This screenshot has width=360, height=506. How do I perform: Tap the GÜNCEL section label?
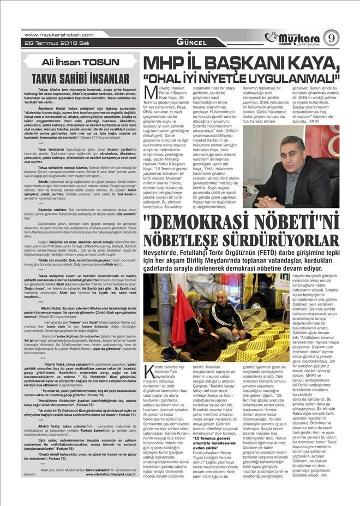[191, 43]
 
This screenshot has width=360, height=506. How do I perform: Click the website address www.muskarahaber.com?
[57, 34]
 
